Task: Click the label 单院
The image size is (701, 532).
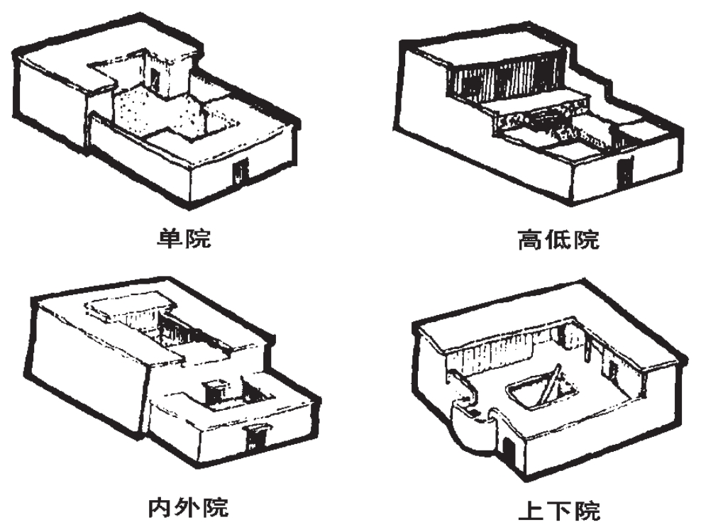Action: (x=184, y=239)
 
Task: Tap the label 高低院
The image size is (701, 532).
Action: (x=557, y=240)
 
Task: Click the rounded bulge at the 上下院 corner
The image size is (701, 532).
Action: (x=468, y=429)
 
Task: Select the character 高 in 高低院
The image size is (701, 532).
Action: (x=530, y=240)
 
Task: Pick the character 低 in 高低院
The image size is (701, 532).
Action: (x=557, y=240)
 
